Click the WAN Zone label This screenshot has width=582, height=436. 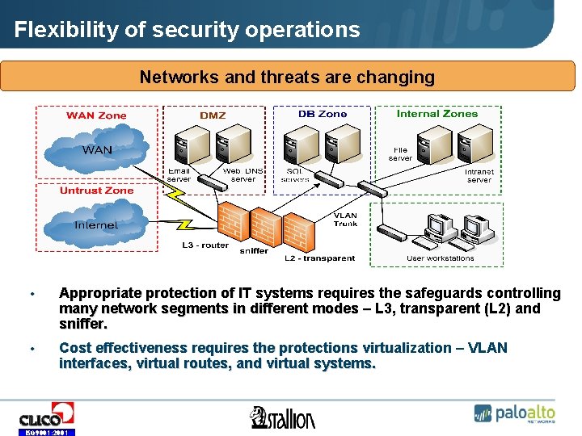coord(96,115)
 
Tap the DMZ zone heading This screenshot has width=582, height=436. coord(213,115)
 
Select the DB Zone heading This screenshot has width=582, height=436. coord(322,114)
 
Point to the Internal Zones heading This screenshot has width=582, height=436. coord(436,114)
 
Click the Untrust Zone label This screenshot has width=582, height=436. coord(96,191)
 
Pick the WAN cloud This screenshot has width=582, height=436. coord(97,150)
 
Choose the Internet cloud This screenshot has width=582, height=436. coord(96,225)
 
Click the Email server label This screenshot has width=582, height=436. coord(179,175)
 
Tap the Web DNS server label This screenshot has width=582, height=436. coord(242,175)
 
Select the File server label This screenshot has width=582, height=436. coord(401,154)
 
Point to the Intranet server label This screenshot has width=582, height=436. coord(479,176)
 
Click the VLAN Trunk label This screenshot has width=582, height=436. coord(346,220)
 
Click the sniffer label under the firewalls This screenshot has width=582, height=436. coord(254,251)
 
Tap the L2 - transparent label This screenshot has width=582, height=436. coord(319,258)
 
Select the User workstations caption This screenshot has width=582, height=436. coord(440,258)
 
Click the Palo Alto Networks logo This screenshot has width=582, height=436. coord(515,413)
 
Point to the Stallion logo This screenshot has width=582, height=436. coord(283,417)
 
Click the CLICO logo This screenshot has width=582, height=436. coord(46,416)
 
